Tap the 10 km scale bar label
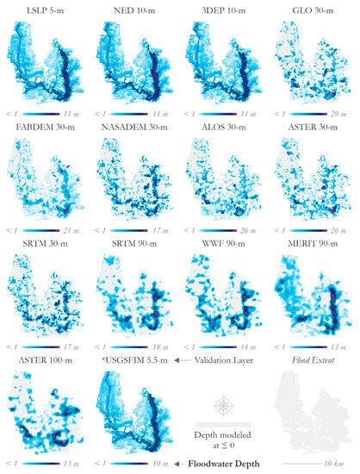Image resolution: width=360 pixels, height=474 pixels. (x=343, y=463)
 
